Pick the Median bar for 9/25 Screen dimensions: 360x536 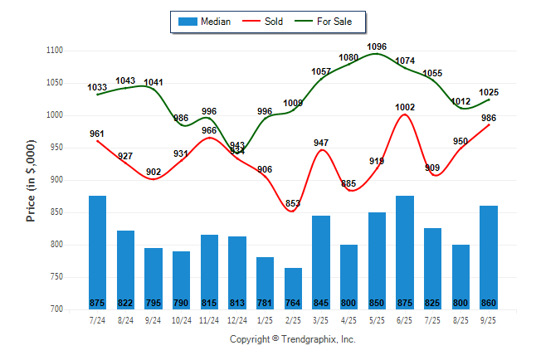pyautogui.click(x=489, y=258)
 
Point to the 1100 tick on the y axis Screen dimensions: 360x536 pyautogui.click(x=56, y=51)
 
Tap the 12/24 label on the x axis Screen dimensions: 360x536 pyautogui.click(x=237, y=319)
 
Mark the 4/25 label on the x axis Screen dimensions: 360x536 pyautogui.click(x=349, y=319)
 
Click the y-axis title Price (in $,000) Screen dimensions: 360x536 pyautogui.click(x=31, y=179)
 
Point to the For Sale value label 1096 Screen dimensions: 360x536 pyautogui.click(x=377, y=46)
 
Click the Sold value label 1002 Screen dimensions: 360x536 pyautogui.click(x=405, y=107)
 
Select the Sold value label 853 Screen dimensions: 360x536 pyautogui.click(x=293, y=204)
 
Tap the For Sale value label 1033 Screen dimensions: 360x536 pyautogui.click(x=97, y=87)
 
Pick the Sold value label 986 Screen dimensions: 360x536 pyautogui.click(x=489, y=118)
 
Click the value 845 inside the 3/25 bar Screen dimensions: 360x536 pyautogui.click(x=321, y=302)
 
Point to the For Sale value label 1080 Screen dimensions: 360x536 pyautogui.click(x=349, y=57)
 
